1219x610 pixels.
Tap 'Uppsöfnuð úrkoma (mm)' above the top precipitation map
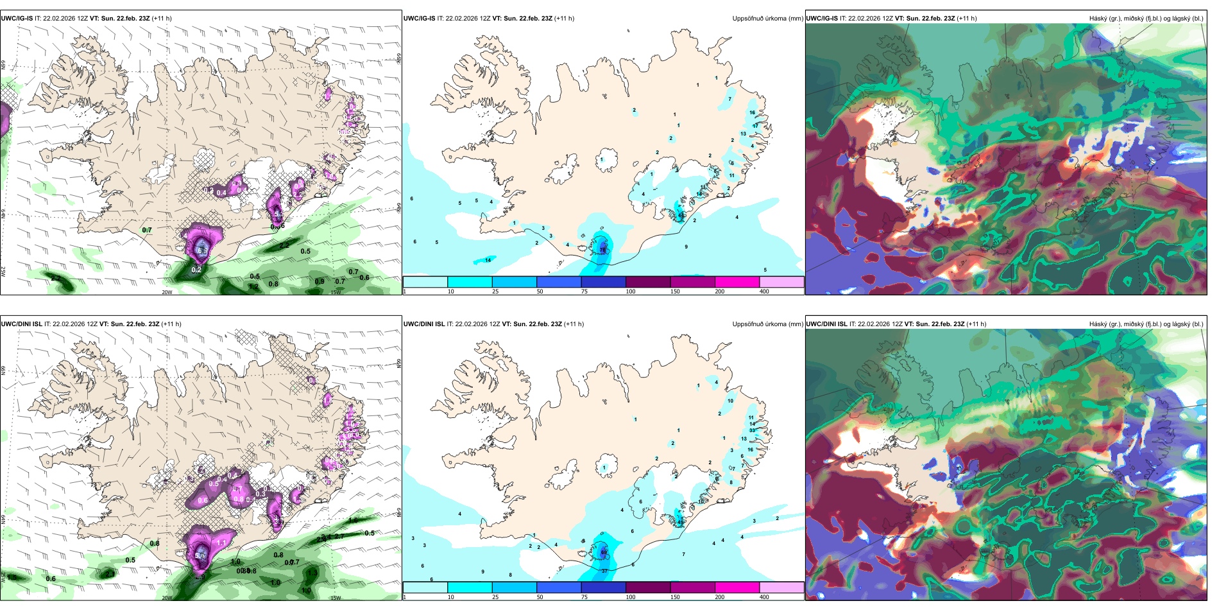[767, 19]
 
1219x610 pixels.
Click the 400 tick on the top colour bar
[764, 292]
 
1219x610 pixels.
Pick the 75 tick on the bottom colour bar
[584, 597]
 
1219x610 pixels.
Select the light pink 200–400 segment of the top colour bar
[781, 282]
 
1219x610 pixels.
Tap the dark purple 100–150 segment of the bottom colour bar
[648, 588]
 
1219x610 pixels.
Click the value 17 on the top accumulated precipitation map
[755, 126]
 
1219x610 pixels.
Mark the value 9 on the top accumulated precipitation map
[686, 247]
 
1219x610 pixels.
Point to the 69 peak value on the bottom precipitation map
[603, 552]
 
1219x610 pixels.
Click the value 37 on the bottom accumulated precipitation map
[604, 571]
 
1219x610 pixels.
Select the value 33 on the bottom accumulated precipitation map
[752, 430]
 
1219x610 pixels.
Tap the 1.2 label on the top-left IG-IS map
[253, 286]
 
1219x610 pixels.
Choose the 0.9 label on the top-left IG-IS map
[320, 282]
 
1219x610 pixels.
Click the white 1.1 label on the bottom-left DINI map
[221, 543]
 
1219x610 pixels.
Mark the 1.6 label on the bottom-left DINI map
[354, 520]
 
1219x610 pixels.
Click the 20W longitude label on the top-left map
[167, 292]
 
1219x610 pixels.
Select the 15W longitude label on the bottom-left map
[335, 598]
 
